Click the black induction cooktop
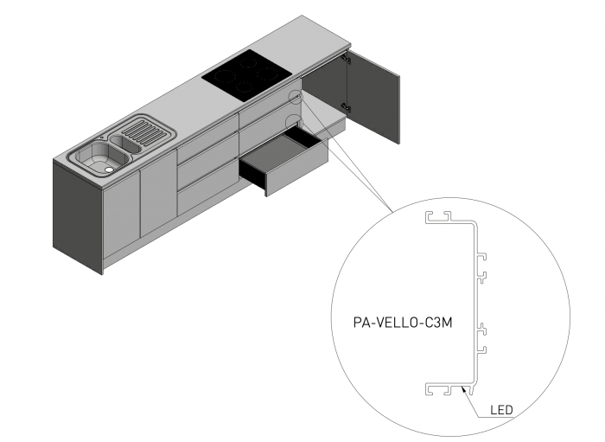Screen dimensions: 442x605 click(245, 75)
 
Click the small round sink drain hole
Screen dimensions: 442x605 click(109, 170)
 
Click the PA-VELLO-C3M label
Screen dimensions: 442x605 click(393, 322)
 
